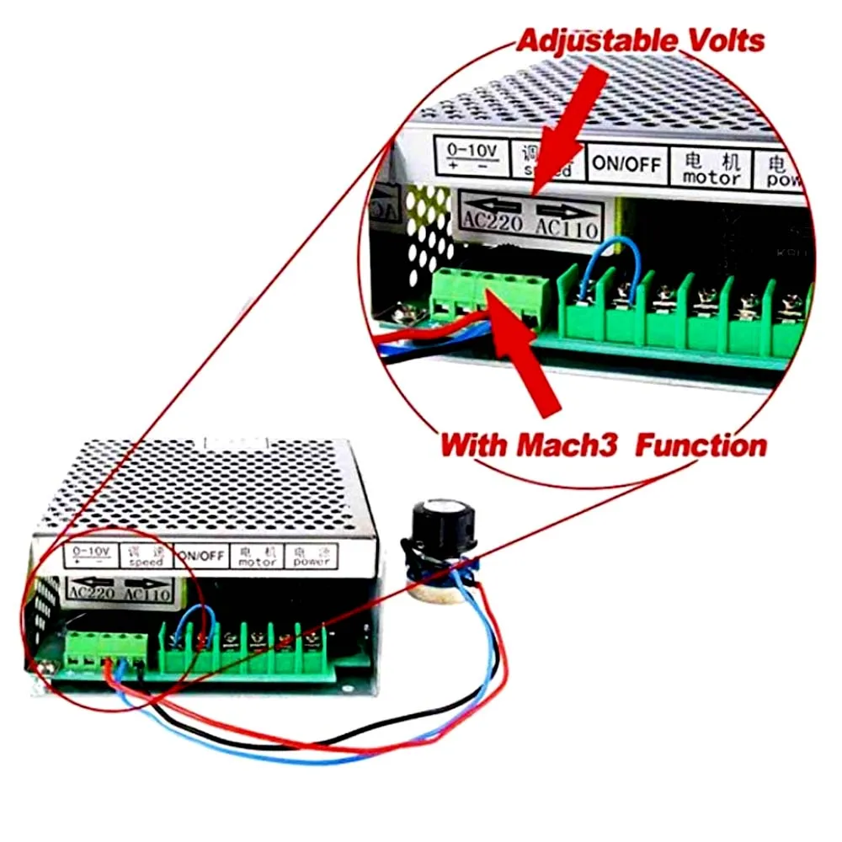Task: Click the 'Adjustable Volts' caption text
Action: point(640,40)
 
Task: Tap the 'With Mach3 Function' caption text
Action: point(603,444)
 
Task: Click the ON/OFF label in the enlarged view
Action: point(626,163)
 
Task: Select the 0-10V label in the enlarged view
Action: point(472,157)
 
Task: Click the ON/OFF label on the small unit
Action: point(200,556)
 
